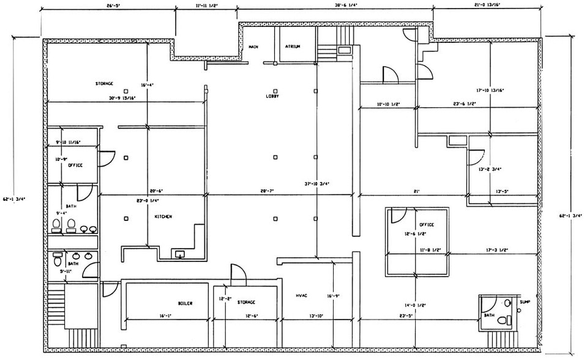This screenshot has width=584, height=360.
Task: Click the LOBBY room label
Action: click(x=272, y=96)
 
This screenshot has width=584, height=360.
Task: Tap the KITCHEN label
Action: click(x=163, y=217)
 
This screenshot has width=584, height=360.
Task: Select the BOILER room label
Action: click(x=185, y=302)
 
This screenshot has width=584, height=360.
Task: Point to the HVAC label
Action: click(x=301, y=296)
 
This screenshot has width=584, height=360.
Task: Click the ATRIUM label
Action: click(x=293, y=47)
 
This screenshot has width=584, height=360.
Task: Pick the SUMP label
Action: click(x=525, y=302)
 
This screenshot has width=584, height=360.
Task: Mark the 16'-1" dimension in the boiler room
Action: click(x=164, y=316)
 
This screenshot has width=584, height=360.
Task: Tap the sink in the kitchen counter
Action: click(x=180, y=253)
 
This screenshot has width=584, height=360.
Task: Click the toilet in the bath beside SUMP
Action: click(x=503, y=320)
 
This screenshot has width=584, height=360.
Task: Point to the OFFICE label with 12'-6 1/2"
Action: click(x=426, y=225)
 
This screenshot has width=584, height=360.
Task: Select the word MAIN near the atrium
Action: click(x=253, y=47)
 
